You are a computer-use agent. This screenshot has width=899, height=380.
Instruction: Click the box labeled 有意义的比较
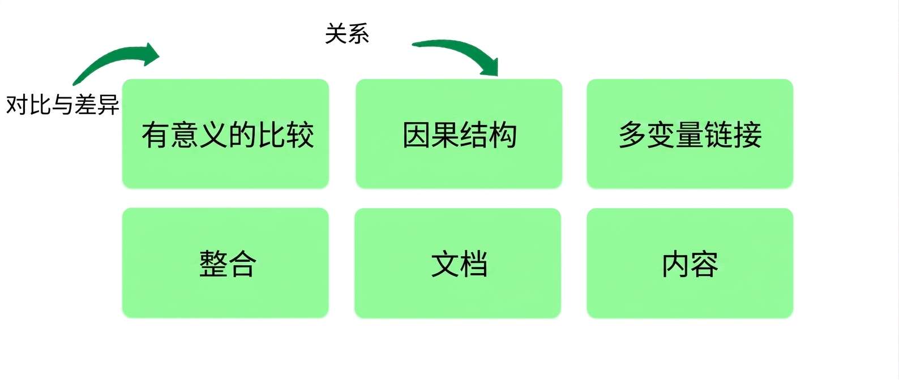click(x=225, y=133)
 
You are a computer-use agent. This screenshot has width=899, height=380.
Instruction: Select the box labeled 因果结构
click(x=459, y=133)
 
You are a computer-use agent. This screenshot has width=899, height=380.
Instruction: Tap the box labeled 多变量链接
click(x=690, y=133)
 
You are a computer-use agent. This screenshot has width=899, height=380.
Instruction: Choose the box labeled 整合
click(x=225, y=263)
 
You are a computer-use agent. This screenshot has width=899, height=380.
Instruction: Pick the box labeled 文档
click(x=458, y=263)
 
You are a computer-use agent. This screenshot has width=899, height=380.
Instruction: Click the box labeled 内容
click(x=690, y=263)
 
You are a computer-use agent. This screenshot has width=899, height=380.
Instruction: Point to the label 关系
click(x=347, y=33)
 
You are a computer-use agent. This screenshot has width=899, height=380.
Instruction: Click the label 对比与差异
click(x=63, y=105)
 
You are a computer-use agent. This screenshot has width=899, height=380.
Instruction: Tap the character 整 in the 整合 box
click(x=213, y=264)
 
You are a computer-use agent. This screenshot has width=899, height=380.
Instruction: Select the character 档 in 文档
click(x=474, y=264)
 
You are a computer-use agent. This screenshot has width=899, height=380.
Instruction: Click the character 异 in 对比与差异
click(x=108, y=105)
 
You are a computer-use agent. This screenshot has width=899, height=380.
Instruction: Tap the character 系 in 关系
click(x=358, y=33)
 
